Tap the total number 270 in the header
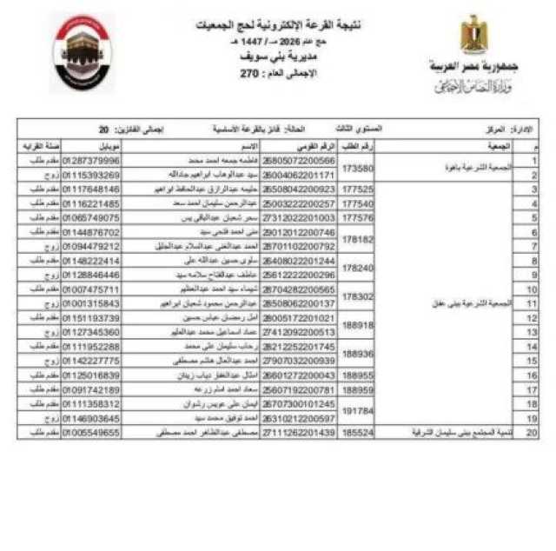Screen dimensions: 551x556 point(251,76)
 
